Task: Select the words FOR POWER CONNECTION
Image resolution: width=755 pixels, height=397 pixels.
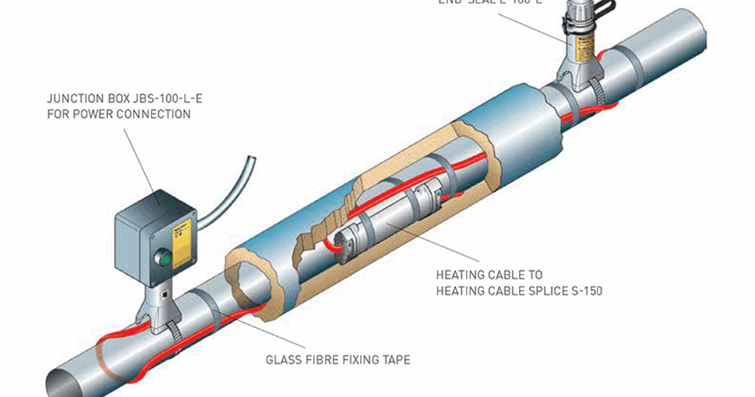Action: [118, 114]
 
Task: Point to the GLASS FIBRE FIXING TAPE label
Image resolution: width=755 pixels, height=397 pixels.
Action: [338, 361]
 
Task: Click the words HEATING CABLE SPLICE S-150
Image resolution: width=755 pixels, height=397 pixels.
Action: [519, 290]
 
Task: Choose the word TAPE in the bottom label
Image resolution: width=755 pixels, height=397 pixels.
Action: [396, 361]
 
